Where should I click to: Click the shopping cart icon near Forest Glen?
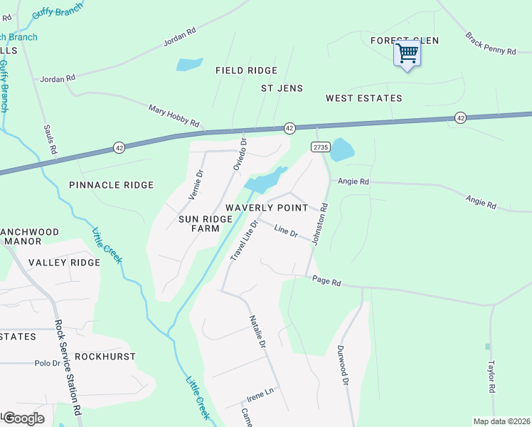pos(407,53)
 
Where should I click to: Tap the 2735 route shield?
pos(320,147)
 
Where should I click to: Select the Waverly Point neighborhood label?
pos(267,207)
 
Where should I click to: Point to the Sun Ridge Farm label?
pos(206,223)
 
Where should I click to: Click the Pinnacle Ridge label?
pos(111,185)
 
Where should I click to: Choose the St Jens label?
pos(282,88)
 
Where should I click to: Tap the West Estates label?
pos(363,97)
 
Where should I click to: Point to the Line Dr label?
pos(285,232)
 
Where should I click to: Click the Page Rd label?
pos(326,283)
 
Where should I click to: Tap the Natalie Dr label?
pos(257,332)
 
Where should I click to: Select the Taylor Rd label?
pos(491,377)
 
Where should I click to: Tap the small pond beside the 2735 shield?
pos(342,149)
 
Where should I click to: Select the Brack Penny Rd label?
pos(490,43)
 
